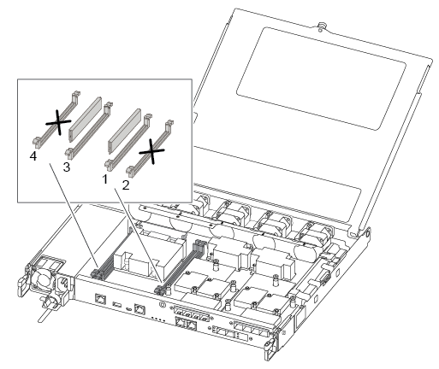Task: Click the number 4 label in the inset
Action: (x=33, y=156)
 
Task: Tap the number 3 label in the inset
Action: (x=67, y=167)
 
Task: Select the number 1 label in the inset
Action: (x=105, y=179)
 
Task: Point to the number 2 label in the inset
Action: (x=126, y=185)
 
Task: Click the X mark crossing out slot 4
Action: (x=58, y=123)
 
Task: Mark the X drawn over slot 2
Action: (x=151, y=151)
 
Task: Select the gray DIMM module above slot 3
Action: (x=86, y=119)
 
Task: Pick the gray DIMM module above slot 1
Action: (x=125, y=131)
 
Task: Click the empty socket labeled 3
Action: (x=89, y=130)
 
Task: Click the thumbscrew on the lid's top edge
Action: (x=322, y=26)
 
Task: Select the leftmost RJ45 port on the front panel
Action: (x=100, y=299)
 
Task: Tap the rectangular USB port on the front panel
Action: (x=117, y=305)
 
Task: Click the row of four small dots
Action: (x=158, y=319)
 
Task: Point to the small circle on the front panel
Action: (x=162, y=305)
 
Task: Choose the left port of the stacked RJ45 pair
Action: (x=180, y=322)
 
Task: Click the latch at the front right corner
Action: (x=269, y=348)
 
